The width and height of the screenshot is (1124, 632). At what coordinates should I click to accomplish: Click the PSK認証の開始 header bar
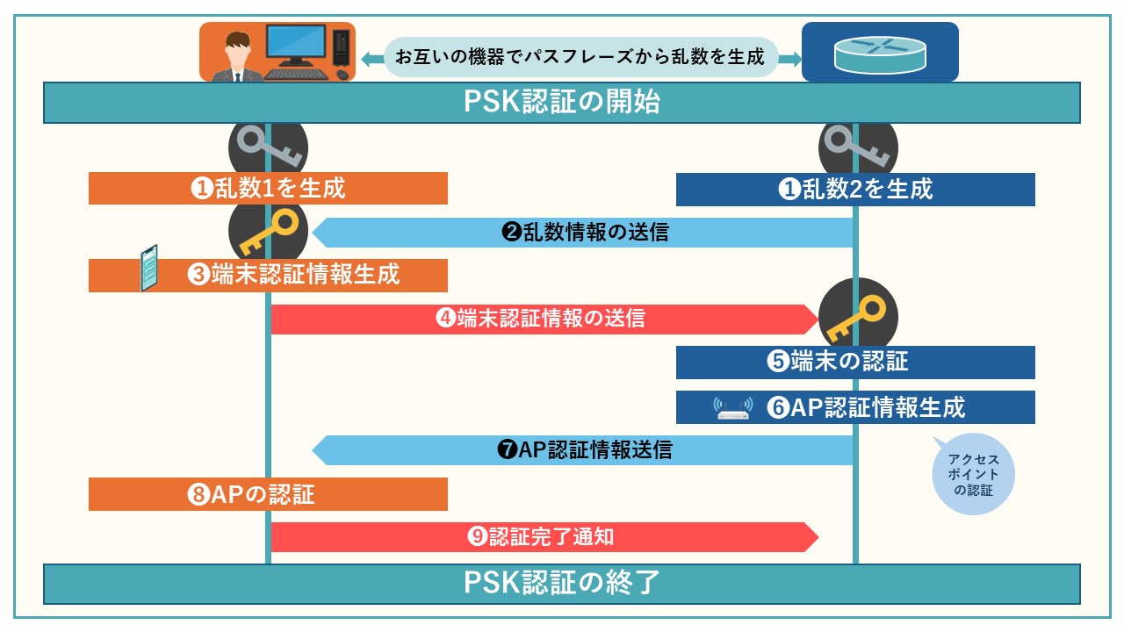pyautogui.click(x=562, y=103)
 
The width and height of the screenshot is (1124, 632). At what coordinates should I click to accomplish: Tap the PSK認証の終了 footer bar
pyautogui.click(x=562, y=584)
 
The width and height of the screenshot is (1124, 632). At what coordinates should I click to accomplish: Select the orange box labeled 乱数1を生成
pyautogui.click(x=268, y=188)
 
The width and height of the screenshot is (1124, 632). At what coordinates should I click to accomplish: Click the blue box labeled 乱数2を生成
pyautogui.click(x=855, y=189)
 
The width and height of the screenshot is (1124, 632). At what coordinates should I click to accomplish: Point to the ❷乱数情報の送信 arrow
pyautogui.click(x=584, y=233)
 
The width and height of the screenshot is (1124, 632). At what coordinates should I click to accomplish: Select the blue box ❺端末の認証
pyautogui.click(x=855, y=362)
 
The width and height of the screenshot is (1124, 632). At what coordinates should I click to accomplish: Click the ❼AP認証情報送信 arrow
pyautogui.click(x=584, y=450)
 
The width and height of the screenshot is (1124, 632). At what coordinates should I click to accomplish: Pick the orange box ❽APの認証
pyautogui.click(x=268, y=494)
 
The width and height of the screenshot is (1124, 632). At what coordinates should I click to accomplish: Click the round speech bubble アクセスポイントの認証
pyautogui.click(x=970, y=474)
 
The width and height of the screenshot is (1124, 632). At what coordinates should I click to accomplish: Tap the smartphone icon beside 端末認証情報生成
pyautogui.click(x=149, y=268)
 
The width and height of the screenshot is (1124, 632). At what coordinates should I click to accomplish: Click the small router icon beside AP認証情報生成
pyautogui.click(x=733, y=408)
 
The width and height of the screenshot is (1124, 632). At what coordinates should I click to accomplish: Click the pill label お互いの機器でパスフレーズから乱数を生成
pyautogui.click(x=580, y=58)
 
